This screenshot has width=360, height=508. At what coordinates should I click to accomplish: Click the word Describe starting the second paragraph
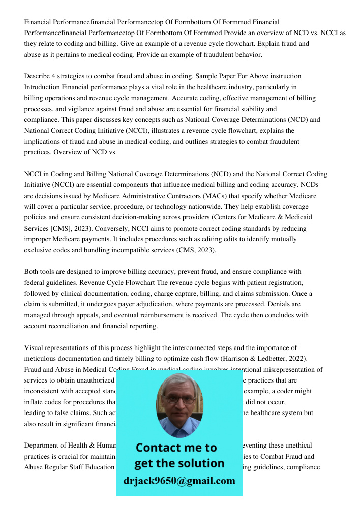[37, 76]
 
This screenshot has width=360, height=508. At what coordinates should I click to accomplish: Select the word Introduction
[43, 87]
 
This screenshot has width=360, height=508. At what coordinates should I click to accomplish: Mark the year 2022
[299, 359]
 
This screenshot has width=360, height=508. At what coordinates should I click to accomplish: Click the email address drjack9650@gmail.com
[179, 481]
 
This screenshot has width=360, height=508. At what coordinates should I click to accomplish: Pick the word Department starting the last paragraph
[43, 446]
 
